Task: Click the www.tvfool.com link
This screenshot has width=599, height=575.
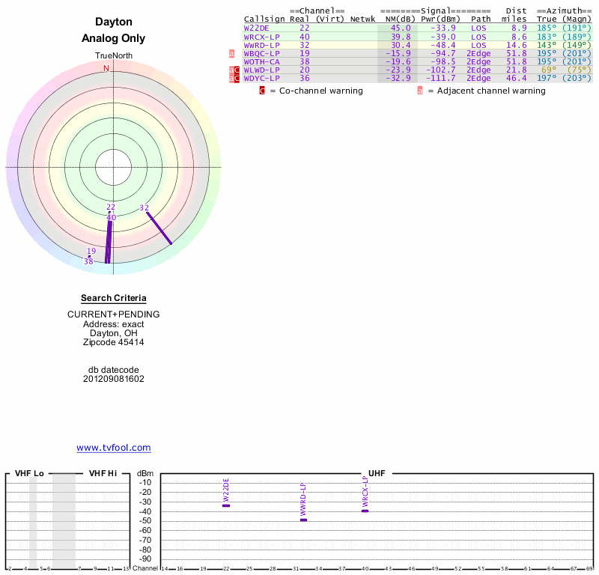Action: pos(114,448)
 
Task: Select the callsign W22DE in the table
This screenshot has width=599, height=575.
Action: pos(257,28)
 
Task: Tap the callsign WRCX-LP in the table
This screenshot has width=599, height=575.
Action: pos(261,36)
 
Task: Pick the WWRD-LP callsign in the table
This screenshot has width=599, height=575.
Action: pos(261,44)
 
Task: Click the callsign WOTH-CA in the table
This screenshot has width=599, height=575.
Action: pos(261,61)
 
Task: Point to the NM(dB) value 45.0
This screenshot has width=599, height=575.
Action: pos(401,28)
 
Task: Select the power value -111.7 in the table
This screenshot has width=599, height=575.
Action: pos(441,78)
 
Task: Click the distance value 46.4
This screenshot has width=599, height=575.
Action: pos(517,78)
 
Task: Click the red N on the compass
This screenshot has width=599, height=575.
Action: pos(106,68)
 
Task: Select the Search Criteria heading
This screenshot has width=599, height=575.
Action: pos(114,298)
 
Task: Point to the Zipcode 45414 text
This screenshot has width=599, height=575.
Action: pos(114,342)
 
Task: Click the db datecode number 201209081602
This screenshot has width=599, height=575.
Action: pos(114,379)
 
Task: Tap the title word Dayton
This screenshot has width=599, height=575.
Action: pos(114,22)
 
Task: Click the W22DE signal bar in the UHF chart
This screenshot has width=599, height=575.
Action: pos(226,505)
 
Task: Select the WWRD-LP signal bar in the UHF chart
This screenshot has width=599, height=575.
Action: pos(303,520)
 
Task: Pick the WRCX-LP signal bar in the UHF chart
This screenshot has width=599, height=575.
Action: pos(365,511)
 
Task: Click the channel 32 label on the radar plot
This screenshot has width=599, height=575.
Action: pos(145,207)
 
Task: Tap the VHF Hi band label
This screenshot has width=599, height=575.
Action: pos(103,473)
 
